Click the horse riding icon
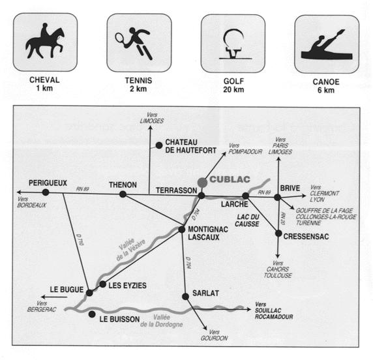[45, 41]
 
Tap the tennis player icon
[134, 43]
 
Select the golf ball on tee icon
[234, 44]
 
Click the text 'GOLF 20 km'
[233, 85]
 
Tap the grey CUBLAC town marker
[202, 183]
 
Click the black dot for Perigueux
[46, 192]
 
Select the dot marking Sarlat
[185, 297]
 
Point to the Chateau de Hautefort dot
[159, 145]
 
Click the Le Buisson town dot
[92, 314]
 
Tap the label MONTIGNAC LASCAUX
[208, 233]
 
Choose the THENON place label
[123, 185]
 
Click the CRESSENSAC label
[306, 237]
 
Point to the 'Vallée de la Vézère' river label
[130, 249]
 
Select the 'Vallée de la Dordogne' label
[162, 321]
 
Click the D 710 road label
[80, 239]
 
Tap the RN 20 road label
[282, 218]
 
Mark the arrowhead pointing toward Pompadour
[224, 154]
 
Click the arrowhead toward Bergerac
[43, 297]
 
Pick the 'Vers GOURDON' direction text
[214, 335]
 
